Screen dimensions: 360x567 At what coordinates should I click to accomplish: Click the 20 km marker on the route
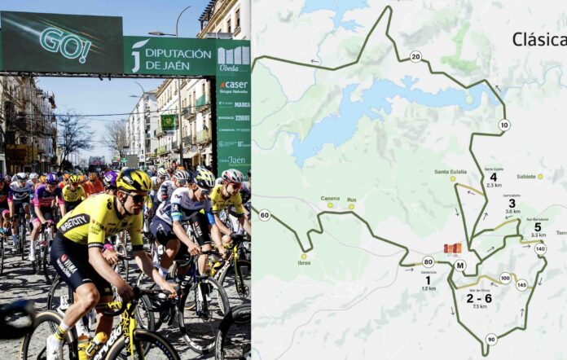415,56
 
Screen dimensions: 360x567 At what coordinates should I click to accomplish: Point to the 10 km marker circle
504,125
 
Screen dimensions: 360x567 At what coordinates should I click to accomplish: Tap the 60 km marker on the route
264,215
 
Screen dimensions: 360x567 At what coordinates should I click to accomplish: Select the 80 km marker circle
428,261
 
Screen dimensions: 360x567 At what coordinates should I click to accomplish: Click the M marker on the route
460,265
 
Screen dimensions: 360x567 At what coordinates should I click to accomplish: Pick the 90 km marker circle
490,339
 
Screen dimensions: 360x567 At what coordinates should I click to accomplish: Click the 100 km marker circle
505,278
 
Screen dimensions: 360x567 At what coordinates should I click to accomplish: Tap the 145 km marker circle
521,284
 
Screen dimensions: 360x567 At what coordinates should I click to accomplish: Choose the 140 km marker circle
539,248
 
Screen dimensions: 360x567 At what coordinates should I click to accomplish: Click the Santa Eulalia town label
451,172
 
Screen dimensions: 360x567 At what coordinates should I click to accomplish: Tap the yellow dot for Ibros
303,256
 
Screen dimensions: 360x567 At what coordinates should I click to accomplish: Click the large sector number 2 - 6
478,297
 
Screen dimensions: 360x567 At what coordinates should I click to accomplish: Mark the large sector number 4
493,177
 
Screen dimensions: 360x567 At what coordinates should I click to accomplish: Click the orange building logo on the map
452,248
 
